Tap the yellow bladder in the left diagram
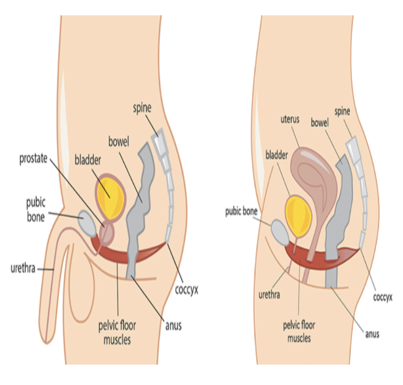point(112,192)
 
